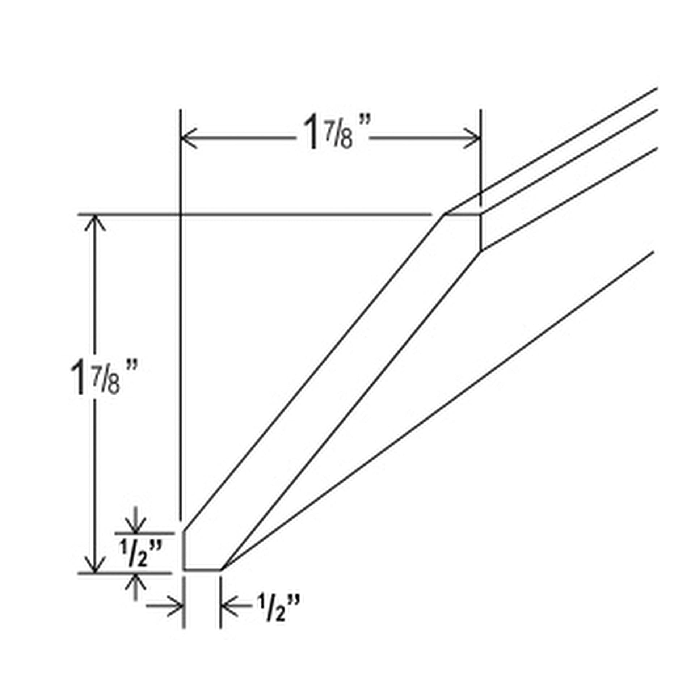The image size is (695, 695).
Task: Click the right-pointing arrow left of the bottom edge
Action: point(165,605)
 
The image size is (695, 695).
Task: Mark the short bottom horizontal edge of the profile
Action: point(202,570)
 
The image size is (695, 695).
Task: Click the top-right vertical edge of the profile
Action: point(481,232)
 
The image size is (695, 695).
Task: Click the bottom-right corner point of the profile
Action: point(222,570)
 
